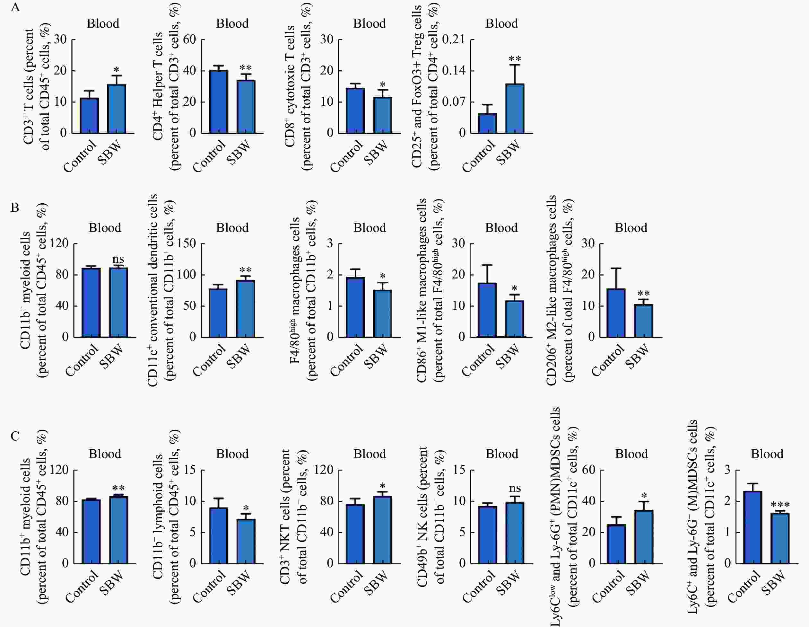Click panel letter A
[x=15, y=7]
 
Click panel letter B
[x=15, y=207]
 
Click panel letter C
[x=15, y=436]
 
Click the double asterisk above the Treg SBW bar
[x=515, y=59]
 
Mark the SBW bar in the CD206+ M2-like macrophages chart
[x=644, y=321]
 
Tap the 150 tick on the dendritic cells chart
[x=187, y=243]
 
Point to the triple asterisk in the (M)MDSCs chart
[x=780, y=505]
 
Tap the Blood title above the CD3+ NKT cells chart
[x=370, y=454]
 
